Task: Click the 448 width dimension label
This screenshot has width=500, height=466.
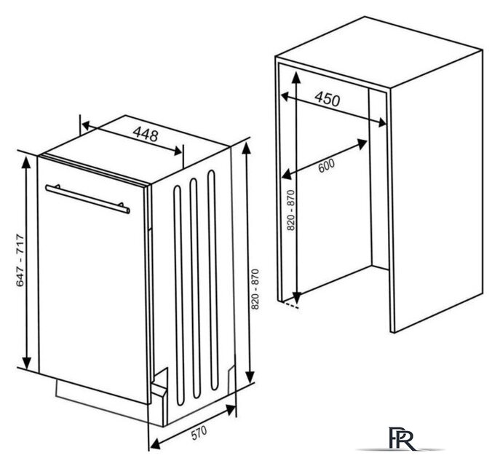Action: pos(146,134)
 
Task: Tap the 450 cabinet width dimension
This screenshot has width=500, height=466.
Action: pos(328,98)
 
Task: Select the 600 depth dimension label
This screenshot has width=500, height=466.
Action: pos(327,165)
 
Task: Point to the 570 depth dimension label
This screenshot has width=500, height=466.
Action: pos(199,433)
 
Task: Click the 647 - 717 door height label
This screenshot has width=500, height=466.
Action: pos(20,260)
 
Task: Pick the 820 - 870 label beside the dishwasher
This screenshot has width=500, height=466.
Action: pos(255,289)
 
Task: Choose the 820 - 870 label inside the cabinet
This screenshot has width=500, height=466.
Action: pos(291,210)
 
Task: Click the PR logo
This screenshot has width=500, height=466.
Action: pos(402,438)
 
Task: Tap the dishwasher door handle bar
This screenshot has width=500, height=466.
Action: pos(87,199)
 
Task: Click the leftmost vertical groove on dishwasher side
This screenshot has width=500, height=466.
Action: pos(179,296)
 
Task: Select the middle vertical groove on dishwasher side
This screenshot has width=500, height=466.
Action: pos(195,288)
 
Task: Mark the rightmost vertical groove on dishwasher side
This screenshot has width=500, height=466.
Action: pos(213,280)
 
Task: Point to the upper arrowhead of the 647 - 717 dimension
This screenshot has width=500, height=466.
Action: pos(26,162)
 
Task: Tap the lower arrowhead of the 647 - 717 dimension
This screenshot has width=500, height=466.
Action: pos(26,362)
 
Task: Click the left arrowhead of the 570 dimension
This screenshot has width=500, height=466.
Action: pos(155,443)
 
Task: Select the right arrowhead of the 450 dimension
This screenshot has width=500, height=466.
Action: pos(381,122)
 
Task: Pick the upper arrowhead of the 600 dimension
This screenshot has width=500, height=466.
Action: pos(362,144)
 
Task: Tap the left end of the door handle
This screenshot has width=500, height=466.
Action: pos(47,187)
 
